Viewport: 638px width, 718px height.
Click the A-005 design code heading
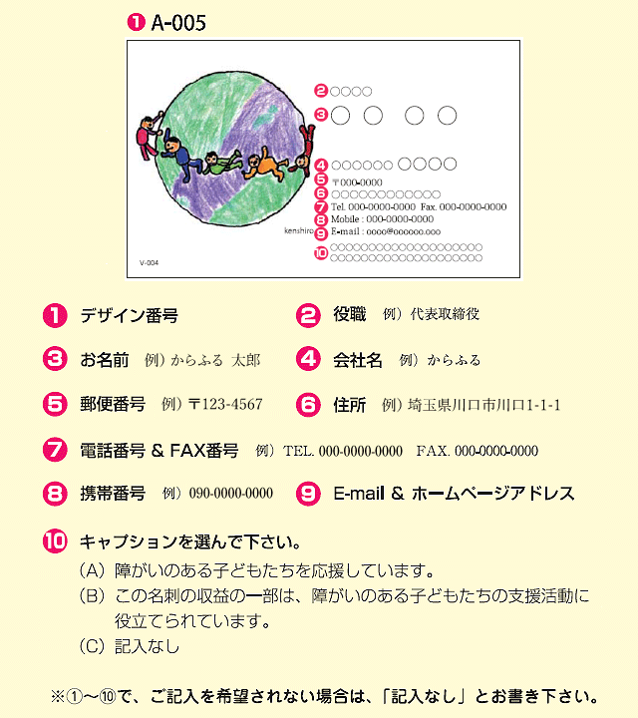[177, 23]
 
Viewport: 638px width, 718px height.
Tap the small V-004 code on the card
[148, 263]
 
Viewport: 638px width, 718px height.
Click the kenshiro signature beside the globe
[298, 229]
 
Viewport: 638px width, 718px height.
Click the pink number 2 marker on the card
[320, 92]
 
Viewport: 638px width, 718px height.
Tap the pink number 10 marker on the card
[320, 253]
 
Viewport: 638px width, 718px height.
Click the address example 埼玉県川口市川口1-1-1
[484, 405]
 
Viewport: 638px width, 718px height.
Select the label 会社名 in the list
[357, 360]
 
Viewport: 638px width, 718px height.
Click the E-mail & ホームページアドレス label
[454, 493]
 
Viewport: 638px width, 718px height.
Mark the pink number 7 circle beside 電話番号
[55, 450]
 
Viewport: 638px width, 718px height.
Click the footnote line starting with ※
[324, 695]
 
